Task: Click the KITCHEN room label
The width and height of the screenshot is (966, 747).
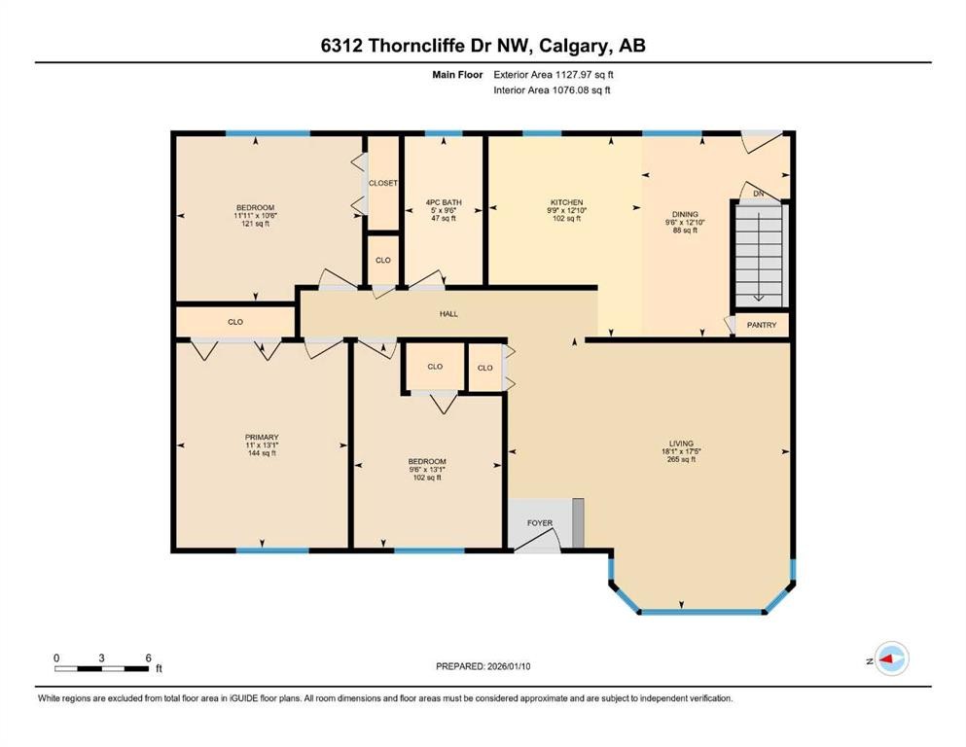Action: coord(565,202)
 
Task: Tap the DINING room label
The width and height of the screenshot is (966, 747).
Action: coord(685,214)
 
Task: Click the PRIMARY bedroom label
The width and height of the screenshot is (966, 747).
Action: coord(262,438)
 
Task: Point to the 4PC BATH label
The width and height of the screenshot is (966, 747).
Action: coord(444,202)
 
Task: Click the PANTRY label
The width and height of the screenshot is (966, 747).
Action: coord(762,325)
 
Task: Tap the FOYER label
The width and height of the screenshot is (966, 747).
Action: coord(540,523)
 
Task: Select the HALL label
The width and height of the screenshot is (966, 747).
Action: coord(447,313)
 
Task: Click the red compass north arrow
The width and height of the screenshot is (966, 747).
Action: coord(886,660)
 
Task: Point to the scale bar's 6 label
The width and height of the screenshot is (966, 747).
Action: coord(147,658)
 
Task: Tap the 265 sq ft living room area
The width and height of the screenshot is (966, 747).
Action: coord(679,459)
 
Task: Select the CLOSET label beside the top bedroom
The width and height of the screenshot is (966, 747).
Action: coord(382,183)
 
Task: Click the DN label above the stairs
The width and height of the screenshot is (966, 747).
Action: coord(759,194)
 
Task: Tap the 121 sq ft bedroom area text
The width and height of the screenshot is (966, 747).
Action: coord(255,224)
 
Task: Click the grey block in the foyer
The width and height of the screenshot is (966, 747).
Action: coord(578,522)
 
